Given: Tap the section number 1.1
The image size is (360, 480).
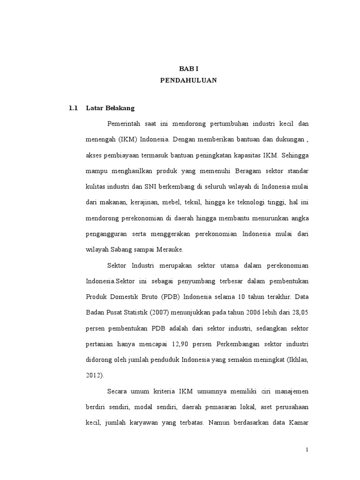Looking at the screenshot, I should [x=72, y=108].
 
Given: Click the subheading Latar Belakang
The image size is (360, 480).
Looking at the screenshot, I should [x=110, y=108].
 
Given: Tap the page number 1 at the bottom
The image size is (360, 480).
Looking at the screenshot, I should [x=307, y=450].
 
